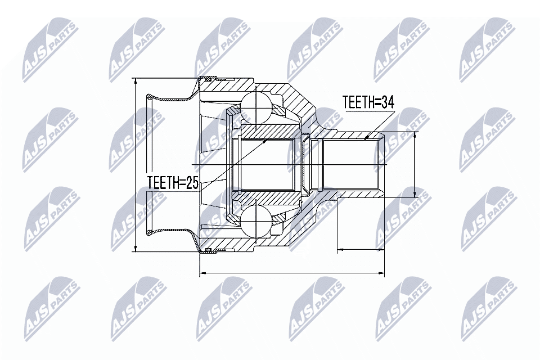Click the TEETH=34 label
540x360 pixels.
click(x=368, y=102)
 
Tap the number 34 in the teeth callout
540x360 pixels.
click(x=386, y=102)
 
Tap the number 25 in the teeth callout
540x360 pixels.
click(x=192, y=183)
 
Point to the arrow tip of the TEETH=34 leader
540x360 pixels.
click(x=366, y=137)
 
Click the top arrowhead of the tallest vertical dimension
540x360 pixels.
click(x=137, y=80)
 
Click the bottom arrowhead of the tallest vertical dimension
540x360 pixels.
click(x=137, y=249)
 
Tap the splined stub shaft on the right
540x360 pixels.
click(x=352, y=164)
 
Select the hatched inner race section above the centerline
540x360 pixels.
click(x=268, y=130)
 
